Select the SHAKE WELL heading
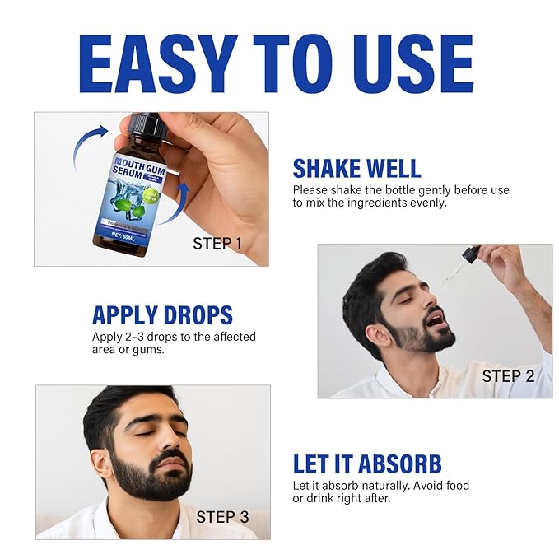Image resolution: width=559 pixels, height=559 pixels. pyautogui.click(x=356, y=169)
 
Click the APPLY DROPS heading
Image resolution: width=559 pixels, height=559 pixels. pyautogui.click(x=162, y=315)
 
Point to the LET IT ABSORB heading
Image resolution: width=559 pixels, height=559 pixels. pyautogui.click(x=367, y=464)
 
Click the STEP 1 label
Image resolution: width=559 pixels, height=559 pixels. pyautogui.click(x=217, y=243)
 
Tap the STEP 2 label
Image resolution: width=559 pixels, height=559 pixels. pyautogui.click(x=508, y=376)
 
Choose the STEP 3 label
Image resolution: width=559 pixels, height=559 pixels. pyautogui.click(x=222, y=518)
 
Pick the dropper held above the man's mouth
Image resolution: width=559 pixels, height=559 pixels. pyautogui.click(x=462, y=264)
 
